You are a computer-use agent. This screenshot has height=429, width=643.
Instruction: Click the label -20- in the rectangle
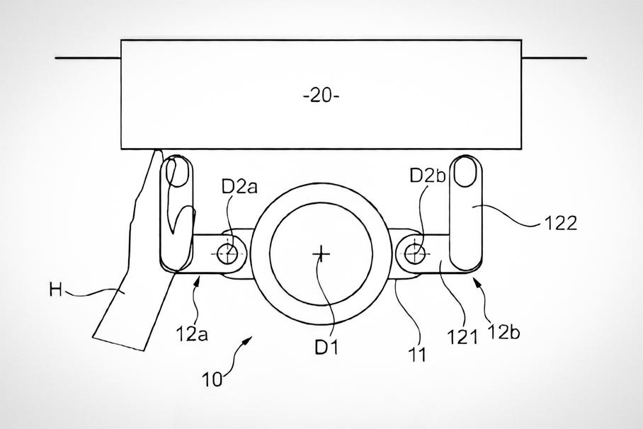(321, 96)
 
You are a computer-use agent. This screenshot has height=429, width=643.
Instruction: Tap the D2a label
(239, 187)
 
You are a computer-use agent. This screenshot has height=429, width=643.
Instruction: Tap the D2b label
(428, 176)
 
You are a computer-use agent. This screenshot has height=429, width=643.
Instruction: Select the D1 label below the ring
(326, 348)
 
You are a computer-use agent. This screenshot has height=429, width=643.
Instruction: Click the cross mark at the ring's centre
(321, 254)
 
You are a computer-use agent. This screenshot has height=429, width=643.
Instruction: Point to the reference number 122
(561, 224)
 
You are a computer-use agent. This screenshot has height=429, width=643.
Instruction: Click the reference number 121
(462, 338)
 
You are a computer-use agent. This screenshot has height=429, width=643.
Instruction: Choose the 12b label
(503, 332)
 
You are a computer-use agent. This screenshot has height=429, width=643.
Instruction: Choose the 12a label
(192, 334)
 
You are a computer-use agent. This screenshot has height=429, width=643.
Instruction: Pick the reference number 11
(418, 355)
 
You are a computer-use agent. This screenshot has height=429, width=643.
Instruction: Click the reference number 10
(212, 379)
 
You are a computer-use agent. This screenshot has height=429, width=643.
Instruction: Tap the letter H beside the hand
(55, 290)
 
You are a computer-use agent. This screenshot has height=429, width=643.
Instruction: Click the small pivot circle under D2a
(227, 253)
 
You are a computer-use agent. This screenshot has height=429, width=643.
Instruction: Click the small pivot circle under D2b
(414, 253)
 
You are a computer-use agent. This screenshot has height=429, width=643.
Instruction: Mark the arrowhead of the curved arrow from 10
(249, 340)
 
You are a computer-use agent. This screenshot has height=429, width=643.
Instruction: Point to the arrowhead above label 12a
(199, 280)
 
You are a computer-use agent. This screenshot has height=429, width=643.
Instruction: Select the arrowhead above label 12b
(477, 281)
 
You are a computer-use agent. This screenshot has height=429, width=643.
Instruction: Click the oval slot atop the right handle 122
(465, 172)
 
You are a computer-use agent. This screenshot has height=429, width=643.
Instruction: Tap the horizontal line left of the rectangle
(89, 58)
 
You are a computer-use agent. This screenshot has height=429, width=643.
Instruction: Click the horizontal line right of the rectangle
(554, 58)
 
